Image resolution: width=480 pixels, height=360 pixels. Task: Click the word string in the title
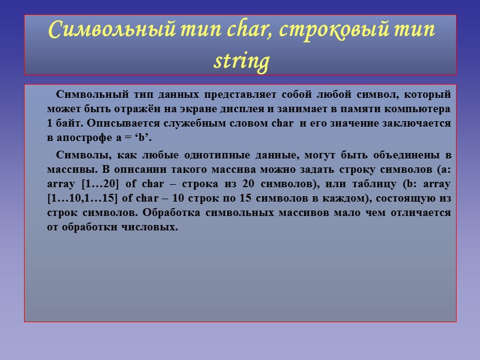(240, 61)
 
